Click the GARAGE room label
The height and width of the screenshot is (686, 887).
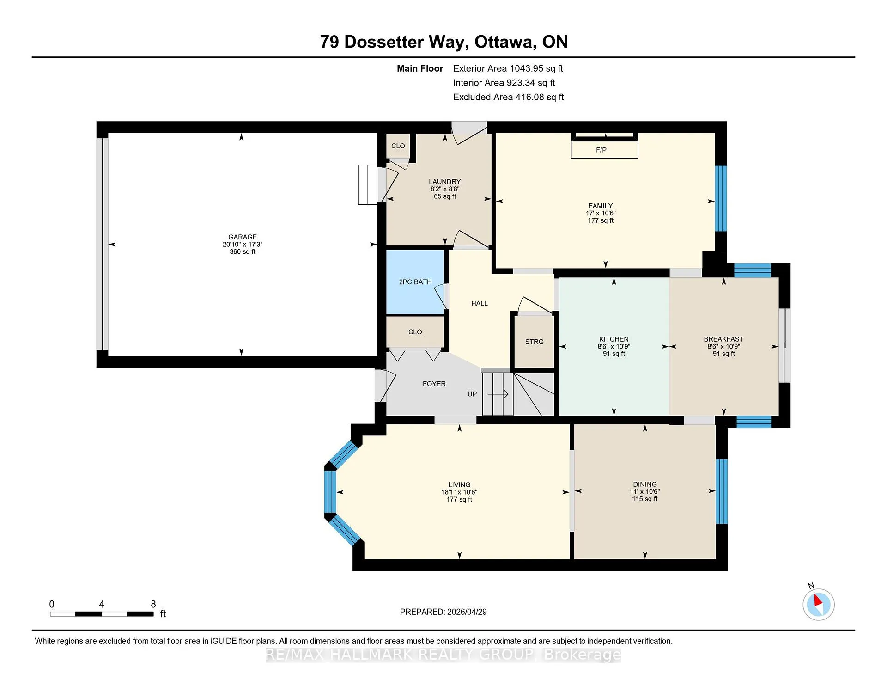(243, 237)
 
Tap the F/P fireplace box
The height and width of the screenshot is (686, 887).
(604, 150)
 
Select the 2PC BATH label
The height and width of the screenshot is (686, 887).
(415, 282)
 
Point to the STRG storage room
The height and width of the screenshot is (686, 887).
(535, 342)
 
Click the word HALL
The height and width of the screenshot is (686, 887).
(480, 304)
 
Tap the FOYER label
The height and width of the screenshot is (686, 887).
(434, 384)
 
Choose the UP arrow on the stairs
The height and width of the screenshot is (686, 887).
(498, 394)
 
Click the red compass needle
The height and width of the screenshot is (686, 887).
(818, 600)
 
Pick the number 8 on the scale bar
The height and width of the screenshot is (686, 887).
(153, 604)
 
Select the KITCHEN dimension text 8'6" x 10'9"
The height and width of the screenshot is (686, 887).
(614, 346)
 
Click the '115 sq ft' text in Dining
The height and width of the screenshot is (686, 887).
(645, 499)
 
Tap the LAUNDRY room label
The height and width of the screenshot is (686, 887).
(445, 182)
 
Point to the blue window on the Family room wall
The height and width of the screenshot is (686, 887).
(721, 198)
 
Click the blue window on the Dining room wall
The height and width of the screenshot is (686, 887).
(722, 491)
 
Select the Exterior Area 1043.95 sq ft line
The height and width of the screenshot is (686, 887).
(508, 69)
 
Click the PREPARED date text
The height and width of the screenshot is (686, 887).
(443, 612)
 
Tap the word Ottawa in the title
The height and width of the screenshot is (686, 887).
(505, 42)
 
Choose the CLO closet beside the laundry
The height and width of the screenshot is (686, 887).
(398, 146)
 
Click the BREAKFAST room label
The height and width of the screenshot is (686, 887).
(724, 339)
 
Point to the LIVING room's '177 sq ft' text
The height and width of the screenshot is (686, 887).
(459, 500)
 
